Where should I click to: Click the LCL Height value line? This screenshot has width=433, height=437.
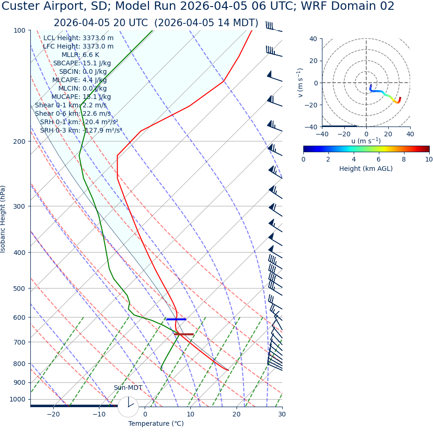78,38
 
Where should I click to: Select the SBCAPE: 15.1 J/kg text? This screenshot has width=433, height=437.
82,63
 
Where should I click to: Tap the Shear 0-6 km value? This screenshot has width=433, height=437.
73,114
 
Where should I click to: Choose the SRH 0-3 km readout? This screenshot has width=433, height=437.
81,131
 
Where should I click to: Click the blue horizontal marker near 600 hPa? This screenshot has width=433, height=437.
176,319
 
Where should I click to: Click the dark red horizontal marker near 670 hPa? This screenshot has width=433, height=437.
183,334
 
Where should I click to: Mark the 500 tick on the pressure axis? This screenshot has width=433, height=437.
19,289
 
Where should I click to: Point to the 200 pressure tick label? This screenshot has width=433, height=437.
19,141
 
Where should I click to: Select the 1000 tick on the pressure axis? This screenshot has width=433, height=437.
17,400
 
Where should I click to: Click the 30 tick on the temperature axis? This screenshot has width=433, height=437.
282,415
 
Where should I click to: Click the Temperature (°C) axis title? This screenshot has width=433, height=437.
156,424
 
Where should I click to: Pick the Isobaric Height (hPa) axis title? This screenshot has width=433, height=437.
4,219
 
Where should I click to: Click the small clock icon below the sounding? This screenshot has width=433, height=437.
128,407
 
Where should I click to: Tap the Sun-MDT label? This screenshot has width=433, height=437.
128,388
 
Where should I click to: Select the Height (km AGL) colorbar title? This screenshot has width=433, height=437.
366,169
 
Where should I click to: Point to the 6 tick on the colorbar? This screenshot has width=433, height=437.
379,159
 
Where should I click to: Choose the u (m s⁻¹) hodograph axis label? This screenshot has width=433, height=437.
366,141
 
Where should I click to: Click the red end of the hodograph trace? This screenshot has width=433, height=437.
400,99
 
